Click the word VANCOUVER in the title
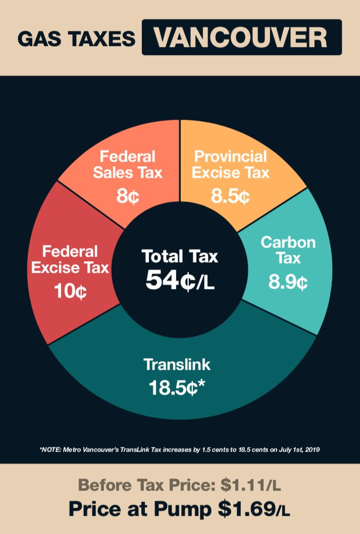point(241,38)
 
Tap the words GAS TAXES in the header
point(76,39)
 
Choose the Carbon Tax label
point(288,251)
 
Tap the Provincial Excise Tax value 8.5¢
point(230,196)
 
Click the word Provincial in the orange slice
point(231,156)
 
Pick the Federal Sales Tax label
point(127,165)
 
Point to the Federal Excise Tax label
point(70,259)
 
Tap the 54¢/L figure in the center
point(180,280)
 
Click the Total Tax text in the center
point(180,256)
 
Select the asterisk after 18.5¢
point(201,385)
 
